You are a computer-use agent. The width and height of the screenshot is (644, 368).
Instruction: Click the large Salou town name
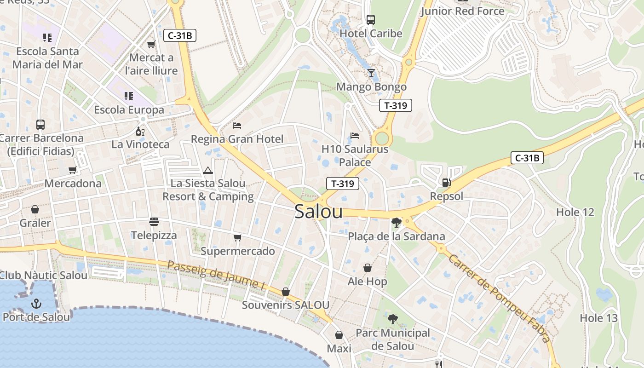click(318, 212)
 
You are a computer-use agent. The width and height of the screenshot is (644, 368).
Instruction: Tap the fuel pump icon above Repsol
click(446, 183)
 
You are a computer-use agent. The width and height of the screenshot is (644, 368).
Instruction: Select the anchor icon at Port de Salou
click(36, 304)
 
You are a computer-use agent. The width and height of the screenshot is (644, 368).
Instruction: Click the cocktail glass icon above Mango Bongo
click(371, 73)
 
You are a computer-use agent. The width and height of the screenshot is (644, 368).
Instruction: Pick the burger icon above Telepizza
click(154, 222)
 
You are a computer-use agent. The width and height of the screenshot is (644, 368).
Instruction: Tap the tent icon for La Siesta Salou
click(208, 170)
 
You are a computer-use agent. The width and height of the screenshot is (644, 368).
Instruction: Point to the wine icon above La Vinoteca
click(140, 131)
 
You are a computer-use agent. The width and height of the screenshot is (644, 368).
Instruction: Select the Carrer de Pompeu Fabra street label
click(499, 299)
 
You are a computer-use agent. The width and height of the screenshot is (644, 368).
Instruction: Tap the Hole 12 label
click(575, 212)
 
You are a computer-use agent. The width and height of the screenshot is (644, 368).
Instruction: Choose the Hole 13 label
click(598, 318)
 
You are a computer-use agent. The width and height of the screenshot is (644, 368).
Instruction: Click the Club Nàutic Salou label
click(43, 276)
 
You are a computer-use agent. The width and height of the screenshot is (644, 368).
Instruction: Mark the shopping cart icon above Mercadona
click(72, 170)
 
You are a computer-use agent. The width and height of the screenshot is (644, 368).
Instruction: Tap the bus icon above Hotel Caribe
click(371, 20)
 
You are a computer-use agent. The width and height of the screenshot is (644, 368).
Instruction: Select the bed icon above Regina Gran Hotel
click(237, 125)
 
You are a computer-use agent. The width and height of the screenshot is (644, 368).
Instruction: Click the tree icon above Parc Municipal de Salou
click(392, 319)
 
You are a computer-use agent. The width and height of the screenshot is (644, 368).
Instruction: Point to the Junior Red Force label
click(462, 11)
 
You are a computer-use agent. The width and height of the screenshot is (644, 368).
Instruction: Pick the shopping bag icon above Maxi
click(339, 335)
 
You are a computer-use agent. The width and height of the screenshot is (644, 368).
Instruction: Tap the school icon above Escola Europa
click(129, 96)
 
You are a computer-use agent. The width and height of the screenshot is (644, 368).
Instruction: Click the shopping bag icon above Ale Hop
click(368, 268)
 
